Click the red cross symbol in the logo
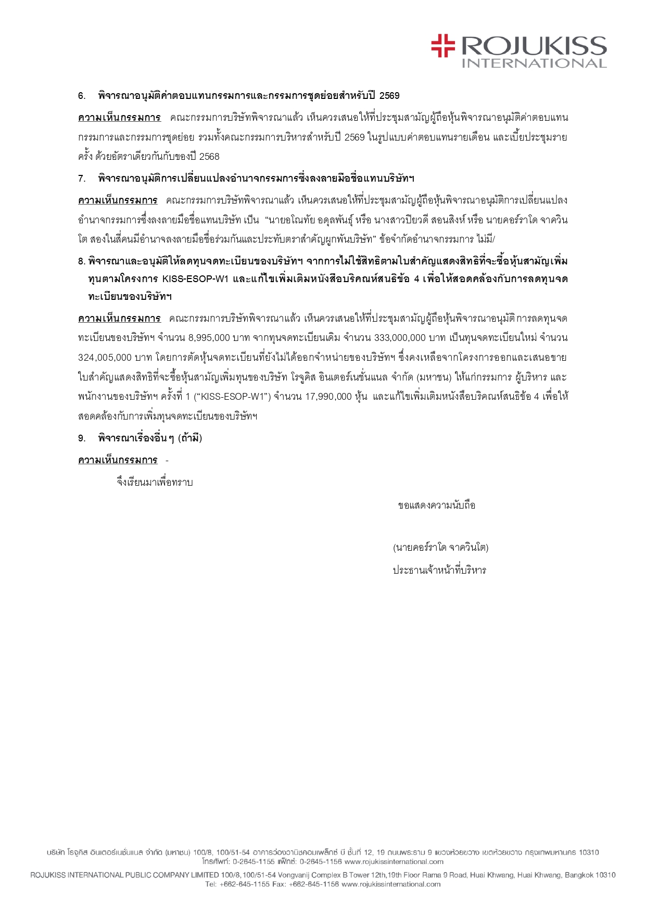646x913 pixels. click(443, 45)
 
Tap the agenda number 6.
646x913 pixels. click(82, 96)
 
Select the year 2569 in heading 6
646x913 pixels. click(389, 96)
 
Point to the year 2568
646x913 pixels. click(209, 157)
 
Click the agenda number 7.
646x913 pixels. click(82, 179)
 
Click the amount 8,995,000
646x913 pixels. click(209, 338)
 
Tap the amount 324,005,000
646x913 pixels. click(105, 358)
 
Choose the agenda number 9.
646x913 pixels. click(82, 438)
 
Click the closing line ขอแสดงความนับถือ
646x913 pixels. click(436, 505)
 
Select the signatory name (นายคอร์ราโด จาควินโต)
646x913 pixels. click(440, 548)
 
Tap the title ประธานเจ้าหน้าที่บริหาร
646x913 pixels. click(439, 570)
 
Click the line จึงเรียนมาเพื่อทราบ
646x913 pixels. click(155, 483)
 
